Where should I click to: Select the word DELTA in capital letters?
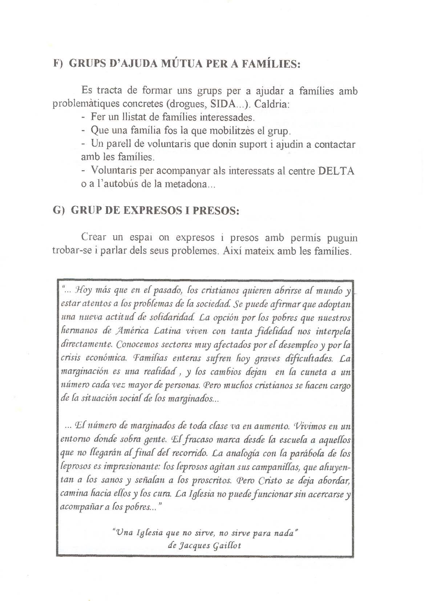click(336, 171)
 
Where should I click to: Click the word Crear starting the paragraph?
click(94, 238)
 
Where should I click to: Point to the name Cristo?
click(282, 481)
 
